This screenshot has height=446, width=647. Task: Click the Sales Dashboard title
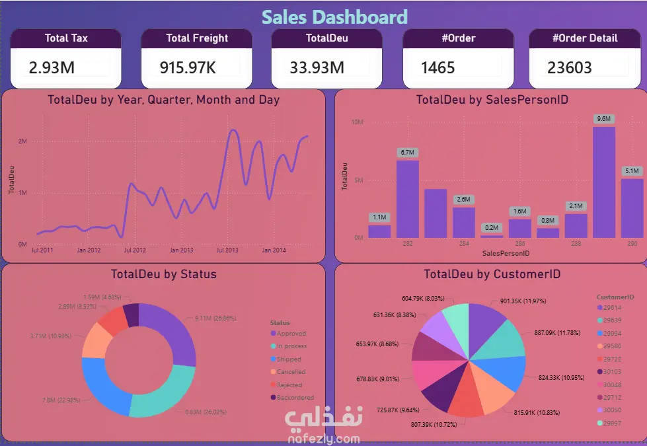click(334, 17)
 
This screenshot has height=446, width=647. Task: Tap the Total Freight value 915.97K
click(188, 67)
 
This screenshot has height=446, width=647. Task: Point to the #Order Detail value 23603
click(569, 67)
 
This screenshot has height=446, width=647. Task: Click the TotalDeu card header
click(326, 38)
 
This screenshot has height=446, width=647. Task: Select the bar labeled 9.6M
click(603, 182)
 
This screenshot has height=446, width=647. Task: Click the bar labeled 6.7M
click(407, 198)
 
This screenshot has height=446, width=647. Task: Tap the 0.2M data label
click(491, 227)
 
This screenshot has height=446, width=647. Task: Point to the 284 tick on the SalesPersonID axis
click(463, 244)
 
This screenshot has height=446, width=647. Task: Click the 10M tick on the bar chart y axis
click(356, 122)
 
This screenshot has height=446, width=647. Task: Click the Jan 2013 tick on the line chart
click(181, 250)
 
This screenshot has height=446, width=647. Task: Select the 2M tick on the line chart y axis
click(22, 141)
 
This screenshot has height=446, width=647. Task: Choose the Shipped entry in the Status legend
click(289, 359)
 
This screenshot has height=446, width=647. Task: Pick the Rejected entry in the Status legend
click(289, 385)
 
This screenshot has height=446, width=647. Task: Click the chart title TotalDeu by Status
click(163, 274)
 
